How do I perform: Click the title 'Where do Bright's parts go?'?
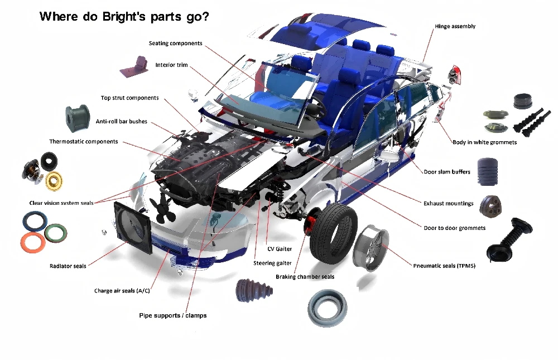click(124, 17)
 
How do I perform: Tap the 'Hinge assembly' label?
click(455, 26)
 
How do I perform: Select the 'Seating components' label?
click(175, 44)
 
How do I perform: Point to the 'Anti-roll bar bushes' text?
click(121, 122)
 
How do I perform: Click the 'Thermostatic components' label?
click(84, 141)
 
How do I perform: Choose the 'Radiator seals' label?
click(68, 266)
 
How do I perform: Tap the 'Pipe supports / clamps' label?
click(172, 315)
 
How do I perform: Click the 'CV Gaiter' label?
click(280, 249)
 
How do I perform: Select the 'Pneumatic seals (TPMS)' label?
click(444, 266)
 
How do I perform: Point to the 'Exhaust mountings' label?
click(449, 203)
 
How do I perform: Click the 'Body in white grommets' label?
click(484, 142)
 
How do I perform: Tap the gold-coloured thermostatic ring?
click(54, 181)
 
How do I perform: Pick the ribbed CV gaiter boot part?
click(254, 291)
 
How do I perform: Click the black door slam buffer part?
click(487, 172)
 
